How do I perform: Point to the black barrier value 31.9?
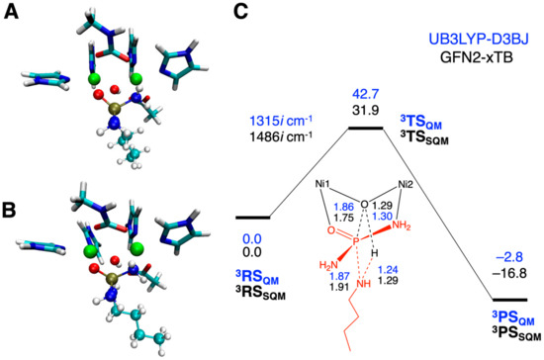tap(366, 112)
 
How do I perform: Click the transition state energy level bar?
tap(366, 128)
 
